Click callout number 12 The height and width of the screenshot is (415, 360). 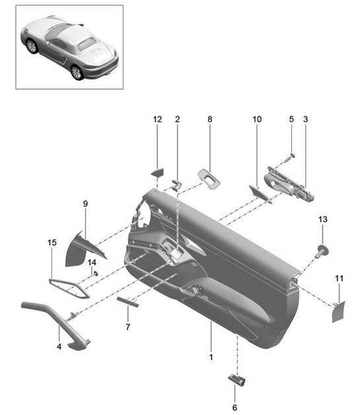[157, 120]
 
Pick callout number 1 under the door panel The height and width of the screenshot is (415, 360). [211, 357]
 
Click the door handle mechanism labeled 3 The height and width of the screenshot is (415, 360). [291, 185]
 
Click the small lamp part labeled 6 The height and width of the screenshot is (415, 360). [236, 379]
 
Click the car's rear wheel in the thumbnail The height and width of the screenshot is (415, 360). [77, 71]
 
